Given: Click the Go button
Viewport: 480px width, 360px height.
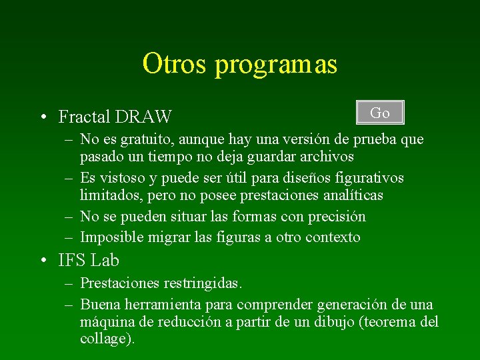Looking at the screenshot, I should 380,113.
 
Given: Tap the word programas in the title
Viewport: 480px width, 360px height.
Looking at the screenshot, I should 276,66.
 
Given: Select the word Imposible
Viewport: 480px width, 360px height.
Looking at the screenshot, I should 110,237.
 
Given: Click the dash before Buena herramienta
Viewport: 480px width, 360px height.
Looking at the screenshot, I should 69,305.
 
